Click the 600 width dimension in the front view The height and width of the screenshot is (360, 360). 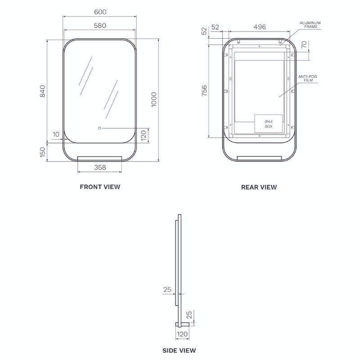tap(100, 12)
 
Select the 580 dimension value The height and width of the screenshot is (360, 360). tap(100, 26)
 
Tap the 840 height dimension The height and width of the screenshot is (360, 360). tap(43, 91)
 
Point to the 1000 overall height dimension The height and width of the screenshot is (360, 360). tap(154, 99)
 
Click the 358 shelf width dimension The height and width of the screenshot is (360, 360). tap(100, 167)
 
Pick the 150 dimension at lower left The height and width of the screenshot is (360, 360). tap(43, 152)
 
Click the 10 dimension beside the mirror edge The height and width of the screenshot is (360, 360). tap(56, 134)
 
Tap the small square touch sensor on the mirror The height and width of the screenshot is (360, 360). tap(99, 128)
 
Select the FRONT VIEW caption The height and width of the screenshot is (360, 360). tap(100, 187)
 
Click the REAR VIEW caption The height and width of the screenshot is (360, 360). tap(259, 187)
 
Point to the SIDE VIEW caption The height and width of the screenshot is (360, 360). tap(179, 351)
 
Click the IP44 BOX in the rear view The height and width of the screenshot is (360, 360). tap(268, 124)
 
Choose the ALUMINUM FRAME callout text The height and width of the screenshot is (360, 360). tap(310, 25)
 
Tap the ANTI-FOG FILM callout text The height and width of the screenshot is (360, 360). tap(308, 78)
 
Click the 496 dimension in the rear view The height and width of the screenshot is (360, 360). tap(260, 27)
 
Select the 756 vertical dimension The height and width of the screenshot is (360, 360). tap(204, 90)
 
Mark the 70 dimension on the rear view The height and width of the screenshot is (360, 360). tap(304, 44)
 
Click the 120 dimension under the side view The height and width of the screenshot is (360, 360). tap(182, 334)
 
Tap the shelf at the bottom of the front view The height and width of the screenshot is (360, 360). tap(99, 158)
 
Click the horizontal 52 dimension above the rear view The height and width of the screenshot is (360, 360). tap(215, 27)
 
